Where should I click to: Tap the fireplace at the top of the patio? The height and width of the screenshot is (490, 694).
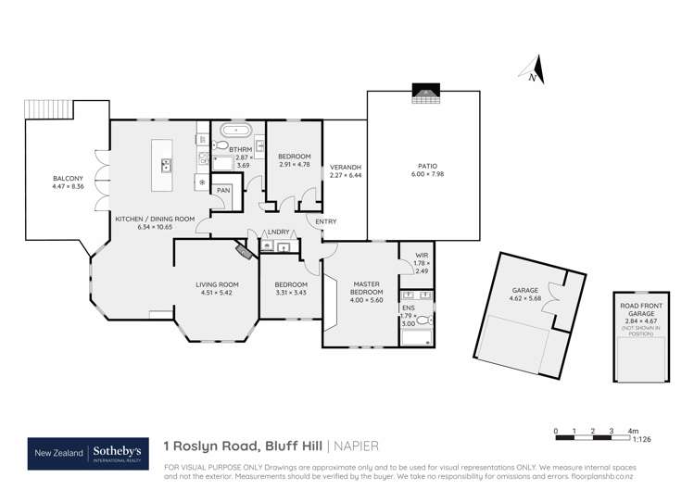(x=424, y=93)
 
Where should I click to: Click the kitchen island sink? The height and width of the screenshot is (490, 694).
(x=166, y=167)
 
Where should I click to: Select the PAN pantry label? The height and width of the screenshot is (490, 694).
(x=222, y=191)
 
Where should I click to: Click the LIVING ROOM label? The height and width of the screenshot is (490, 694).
(x=217, y=284)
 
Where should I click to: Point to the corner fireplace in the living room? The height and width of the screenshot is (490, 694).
(x=244, y=251)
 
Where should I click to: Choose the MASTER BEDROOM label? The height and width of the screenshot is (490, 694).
(x=360, y=288)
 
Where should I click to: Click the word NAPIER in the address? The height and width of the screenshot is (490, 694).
(x=359, y=447)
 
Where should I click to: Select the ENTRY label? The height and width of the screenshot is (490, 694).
(x=325, y=221)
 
